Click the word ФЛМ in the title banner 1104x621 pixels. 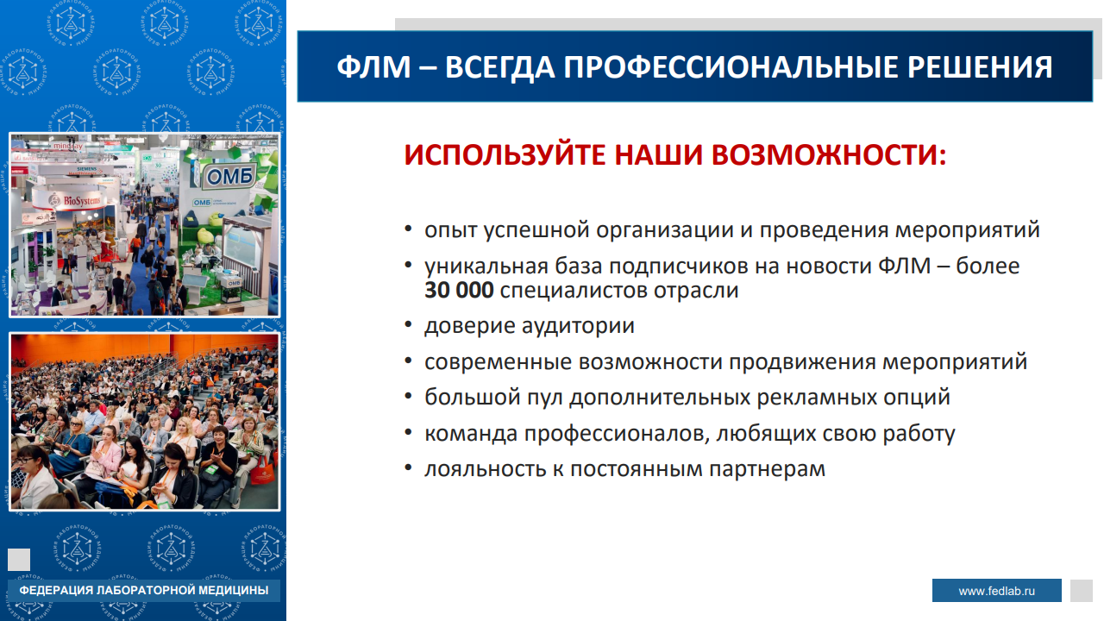(374, 67)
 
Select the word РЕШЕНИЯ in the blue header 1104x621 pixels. (980, 67)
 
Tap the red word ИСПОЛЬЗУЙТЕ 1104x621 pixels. (505, 154)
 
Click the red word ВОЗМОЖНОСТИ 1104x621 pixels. (829, 154)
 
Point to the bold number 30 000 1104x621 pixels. (459, 290)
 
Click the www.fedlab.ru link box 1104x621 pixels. (996, 591)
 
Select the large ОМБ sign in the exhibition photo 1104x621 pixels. (230, 176)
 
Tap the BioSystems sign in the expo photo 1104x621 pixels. (76, 200)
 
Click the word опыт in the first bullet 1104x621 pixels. (451, 230)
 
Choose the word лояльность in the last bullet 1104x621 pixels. (486, 469)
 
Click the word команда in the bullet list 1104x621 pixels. (471, 434)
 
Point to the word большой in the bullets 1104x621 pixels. (472, 397)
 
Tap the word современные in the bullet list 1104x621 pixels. (499, 362)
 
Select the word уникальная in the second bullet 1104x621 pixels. (486, 267)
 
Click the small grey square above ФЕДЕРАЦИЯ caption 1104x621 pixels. (19, 560)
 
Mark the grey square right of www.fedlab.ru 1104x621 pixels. (1082, 591)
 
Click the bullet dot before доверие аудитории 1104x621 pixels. (408, 325)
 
